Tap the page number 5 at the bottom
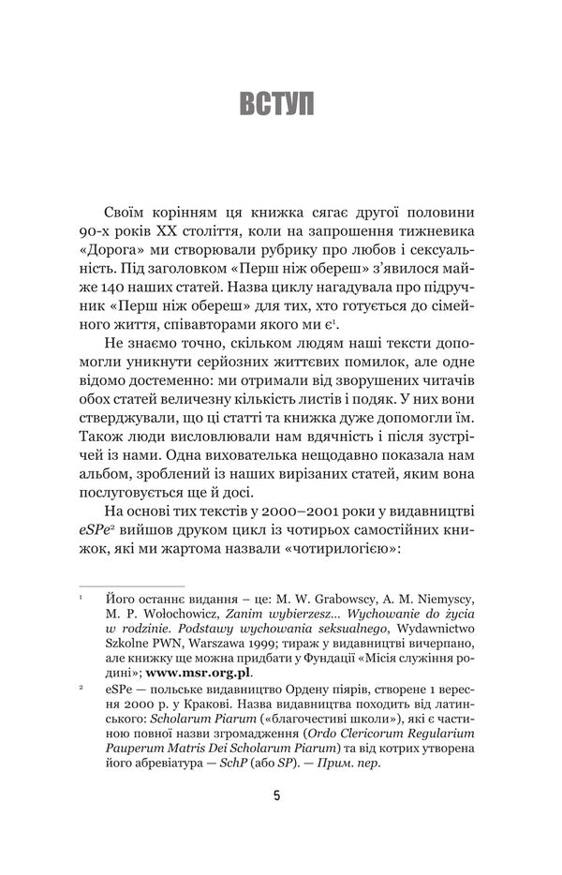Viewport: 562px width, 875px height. coord(277,797)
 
